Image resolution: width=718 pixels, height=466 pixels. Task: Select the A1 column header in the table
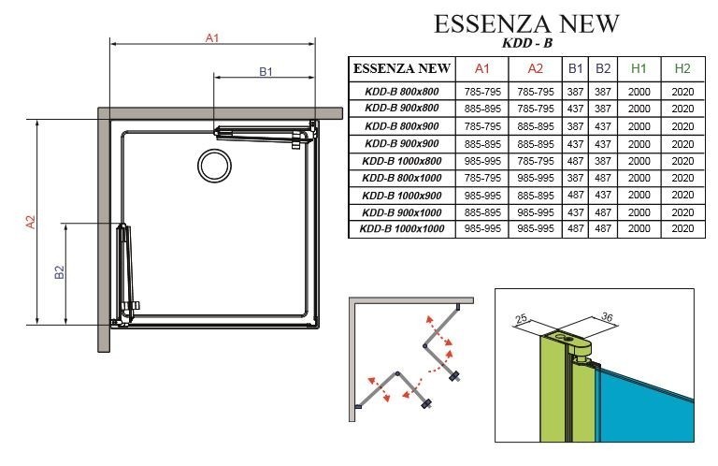pyautogui.click(x=482, y=68)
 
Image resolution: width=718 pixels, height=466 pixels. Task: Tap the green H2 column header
pyautogui.click(x=682, y=68)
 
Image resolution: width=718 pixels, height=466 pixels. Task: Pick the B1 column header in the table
pyautogui.click(x=575, y=68)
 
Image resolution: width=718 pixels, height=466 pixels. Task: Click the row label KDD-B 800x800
pyautogui.click(x=401, y=92)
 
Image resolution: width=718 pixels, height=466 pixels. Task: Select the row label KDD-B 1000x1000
pyautogui.click(x=401, y=228)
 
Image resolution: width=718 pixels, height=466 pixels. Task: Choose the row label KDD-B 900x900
pyautogui.click(x=401, y=143)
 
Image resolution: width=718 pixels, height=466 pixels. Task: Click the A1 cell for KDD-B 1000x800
pyautogui.click(x=482, y=160)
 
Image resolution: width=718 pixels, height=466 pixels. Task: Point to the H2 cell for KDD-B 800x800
pyautogui.click(x=682, y=92)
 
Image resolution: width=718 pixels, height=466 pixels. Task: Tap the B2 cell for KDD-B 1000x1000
pyautogui.click(x=603, y=228)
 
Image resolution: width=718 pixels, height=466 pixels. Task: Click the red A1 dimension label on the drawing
pyautogui.click(x=212, y=38)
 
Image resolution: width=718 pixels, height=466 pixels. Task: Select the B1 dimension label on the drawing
pyautogui.click(x=266, y=71)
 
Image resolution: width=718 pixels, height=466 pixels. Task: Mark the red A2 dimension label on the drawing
pyautogui.click(x=30, y=222)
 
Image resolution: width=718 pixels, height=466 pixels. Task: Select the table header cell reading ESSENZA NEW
pyautogui.click(x=401, y=68)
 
